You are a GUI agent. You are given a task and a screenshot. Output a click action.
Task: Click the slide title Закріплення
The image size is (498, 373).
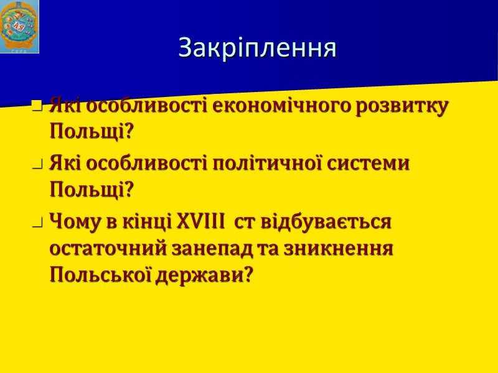(x=257, y=48)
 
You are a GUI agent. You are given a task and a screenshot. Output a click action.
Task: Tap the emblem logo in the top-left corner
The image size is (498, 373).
(x=19, y=27)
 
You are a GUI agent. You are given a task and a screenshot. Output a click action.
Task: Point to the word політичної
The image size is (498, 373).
(x=264, y=163)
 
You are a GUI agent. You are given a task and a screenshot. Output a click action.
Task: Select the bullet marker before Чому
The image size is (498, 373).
(x=37, y=223)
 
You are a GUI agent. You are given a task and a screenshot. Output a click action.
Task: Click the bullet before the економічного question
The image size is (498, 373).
(x=37, y=108)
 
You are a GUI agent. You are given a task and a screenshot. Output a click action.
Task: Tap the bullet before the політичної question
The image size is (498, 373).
(x=37, y=165)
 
